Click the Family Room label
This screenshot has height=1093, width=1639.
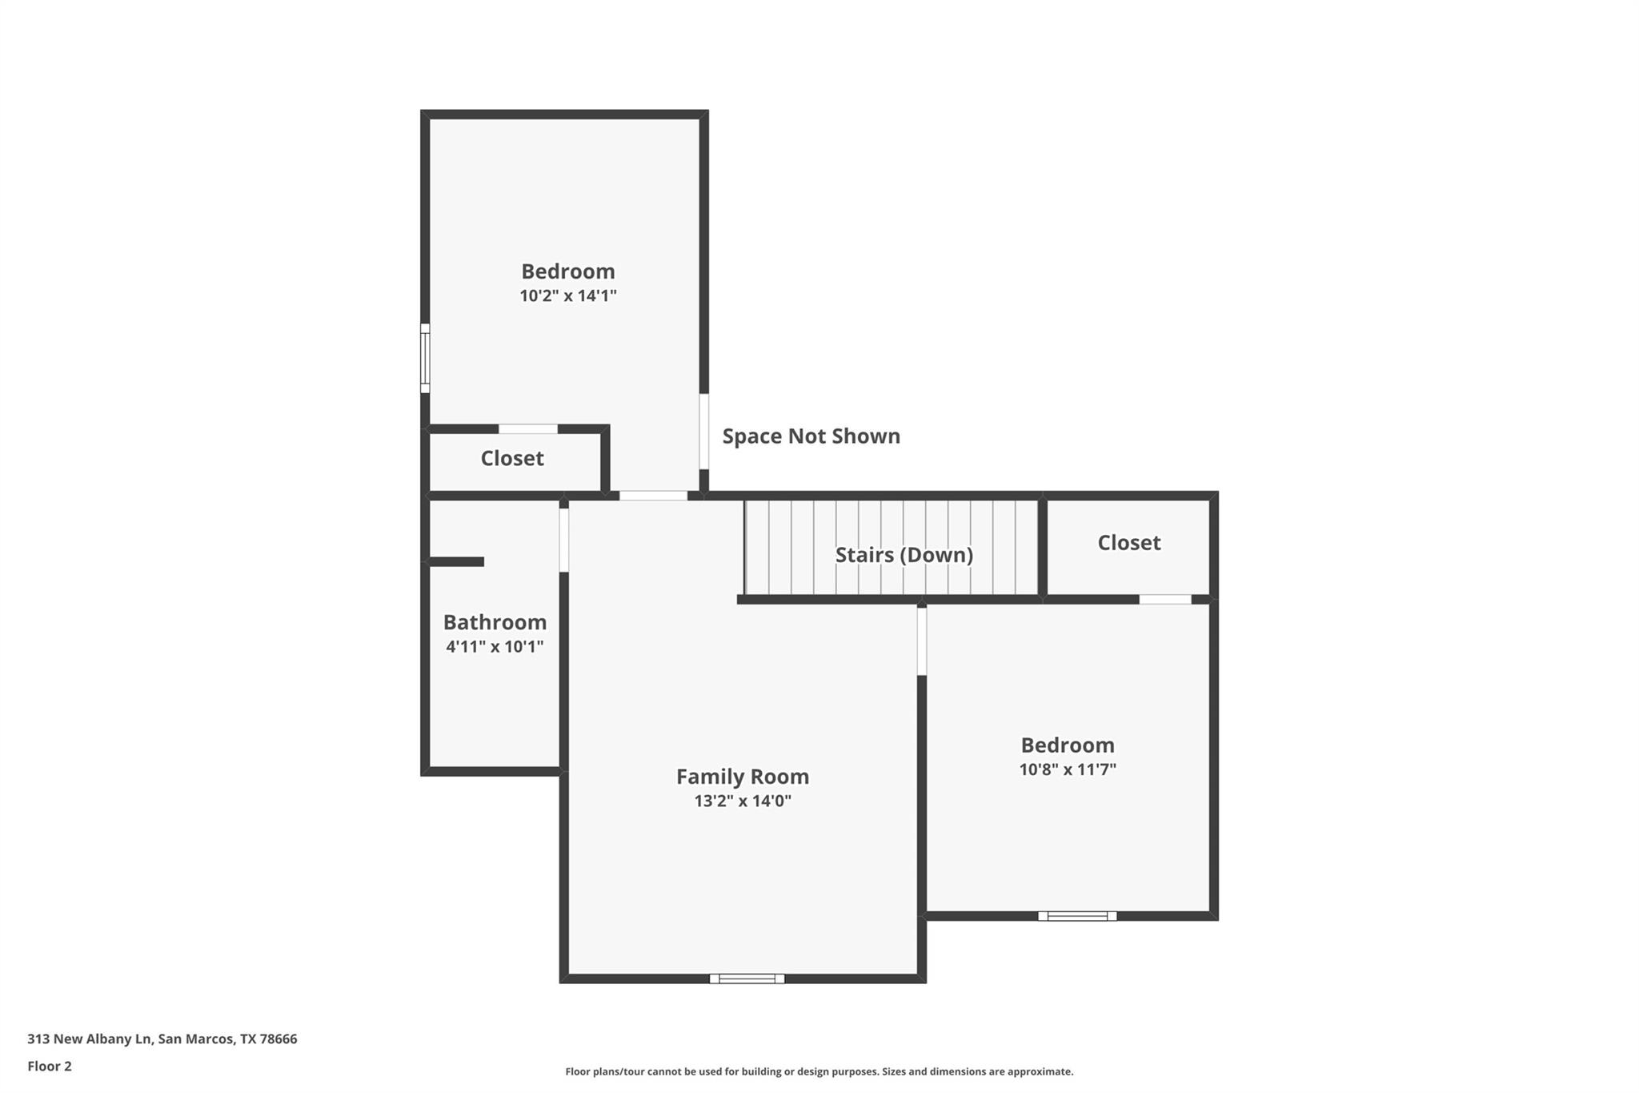(742, 776)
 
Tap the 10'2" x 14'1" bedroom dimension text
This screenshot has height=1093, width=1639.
(567, 295)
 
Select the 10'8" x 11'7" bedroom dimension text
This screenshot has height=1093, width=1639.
(1067, 770)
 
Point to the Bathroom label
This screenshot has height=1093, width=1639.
(495, 622)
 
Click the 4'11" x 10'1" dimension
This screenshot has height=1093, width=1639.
(495, 646)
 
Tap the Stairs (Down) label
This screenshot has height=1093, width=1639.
(904, 555)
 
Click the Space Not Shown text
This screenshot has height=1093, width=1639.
(811, 436)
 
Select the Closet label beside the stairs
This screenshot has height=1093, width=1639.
(1128, 543)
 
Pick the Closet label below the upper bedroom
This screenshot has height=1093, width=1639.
(511, 458)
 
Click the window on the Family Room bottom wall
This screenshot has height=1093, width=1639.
(747, 978)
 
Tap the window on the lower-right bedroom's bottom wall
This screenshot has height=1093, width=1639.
(1077, 916)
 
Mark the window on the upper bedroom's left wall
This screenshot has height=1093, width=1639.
(425, 358)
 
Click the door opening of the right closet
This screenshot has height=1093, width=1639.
(1165, 599)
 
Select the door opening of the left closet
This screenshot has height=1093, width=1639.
(528, 429)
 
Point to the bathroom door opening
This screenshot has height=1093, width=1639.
(563, 540)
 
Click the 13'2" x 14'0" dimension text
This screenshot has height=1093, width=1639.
(742, 801)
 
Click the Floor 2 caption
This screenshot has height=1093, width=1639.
(50, 1067)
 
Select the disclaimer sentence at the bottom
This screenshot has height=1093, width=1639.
(819, 1071)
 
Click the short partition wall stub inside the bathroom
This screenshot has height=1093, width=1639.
(457, 562)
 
